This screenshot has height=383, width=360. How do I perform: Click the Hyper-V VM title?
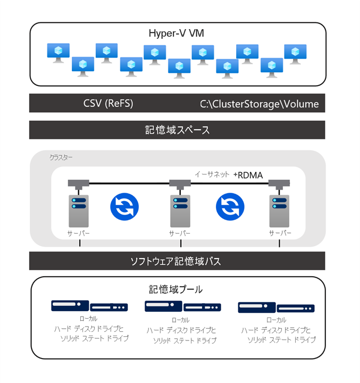(177, 34)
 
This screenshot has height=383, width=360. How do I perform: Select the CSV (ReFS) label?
(108, 103)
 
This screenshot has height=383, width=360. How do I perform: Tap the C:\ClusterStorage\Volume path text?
(259, 104)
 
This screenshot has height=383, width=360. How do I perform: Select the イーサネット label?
(212, 174)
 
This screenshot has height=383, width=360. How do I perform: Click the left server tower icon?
(79, 211)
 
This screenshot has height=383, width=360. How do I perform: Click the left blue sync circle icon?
(124, 205)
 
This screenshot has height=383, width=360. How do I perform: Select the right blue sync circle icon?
(229, 205)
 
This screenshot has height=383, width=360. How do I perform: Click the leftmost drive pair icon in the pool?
(89, 306)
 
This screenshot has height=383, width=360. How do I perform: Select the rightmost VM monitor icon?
(295, 53)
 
